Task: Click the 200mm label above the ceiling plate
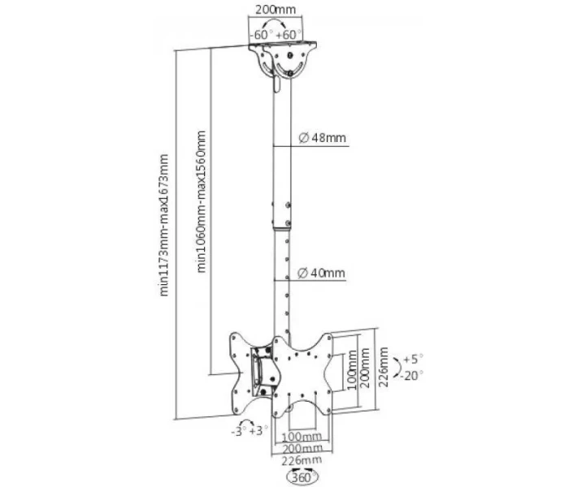click(275, 9)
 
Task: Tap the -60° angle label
click(261, 35)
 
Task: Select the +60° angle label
click(288, 35)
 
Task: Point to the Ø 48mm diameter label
click(323, 138)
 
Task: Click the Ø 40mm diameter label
click(321, 273)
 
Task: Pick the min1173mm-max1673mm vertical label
click(163, 225)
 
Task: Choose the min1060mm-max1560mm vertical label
click(202, 201)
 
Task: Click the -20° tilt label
click(411, 376)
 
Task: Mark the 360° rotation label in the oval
click(302, 478)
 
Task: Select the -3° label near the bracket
click(238, 432)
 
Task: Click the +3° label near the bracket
click(258, 430)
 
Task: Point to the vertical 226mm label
click(384, 366)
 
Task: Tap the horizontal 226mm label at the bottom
click(302, 459)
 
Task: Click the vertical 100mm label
click(352, 369)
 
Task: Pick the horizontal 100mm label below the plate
click(302, 437)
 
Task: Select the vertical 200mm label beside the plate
click(364, 368)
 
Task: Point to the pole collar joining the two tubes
click(282, 214)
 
